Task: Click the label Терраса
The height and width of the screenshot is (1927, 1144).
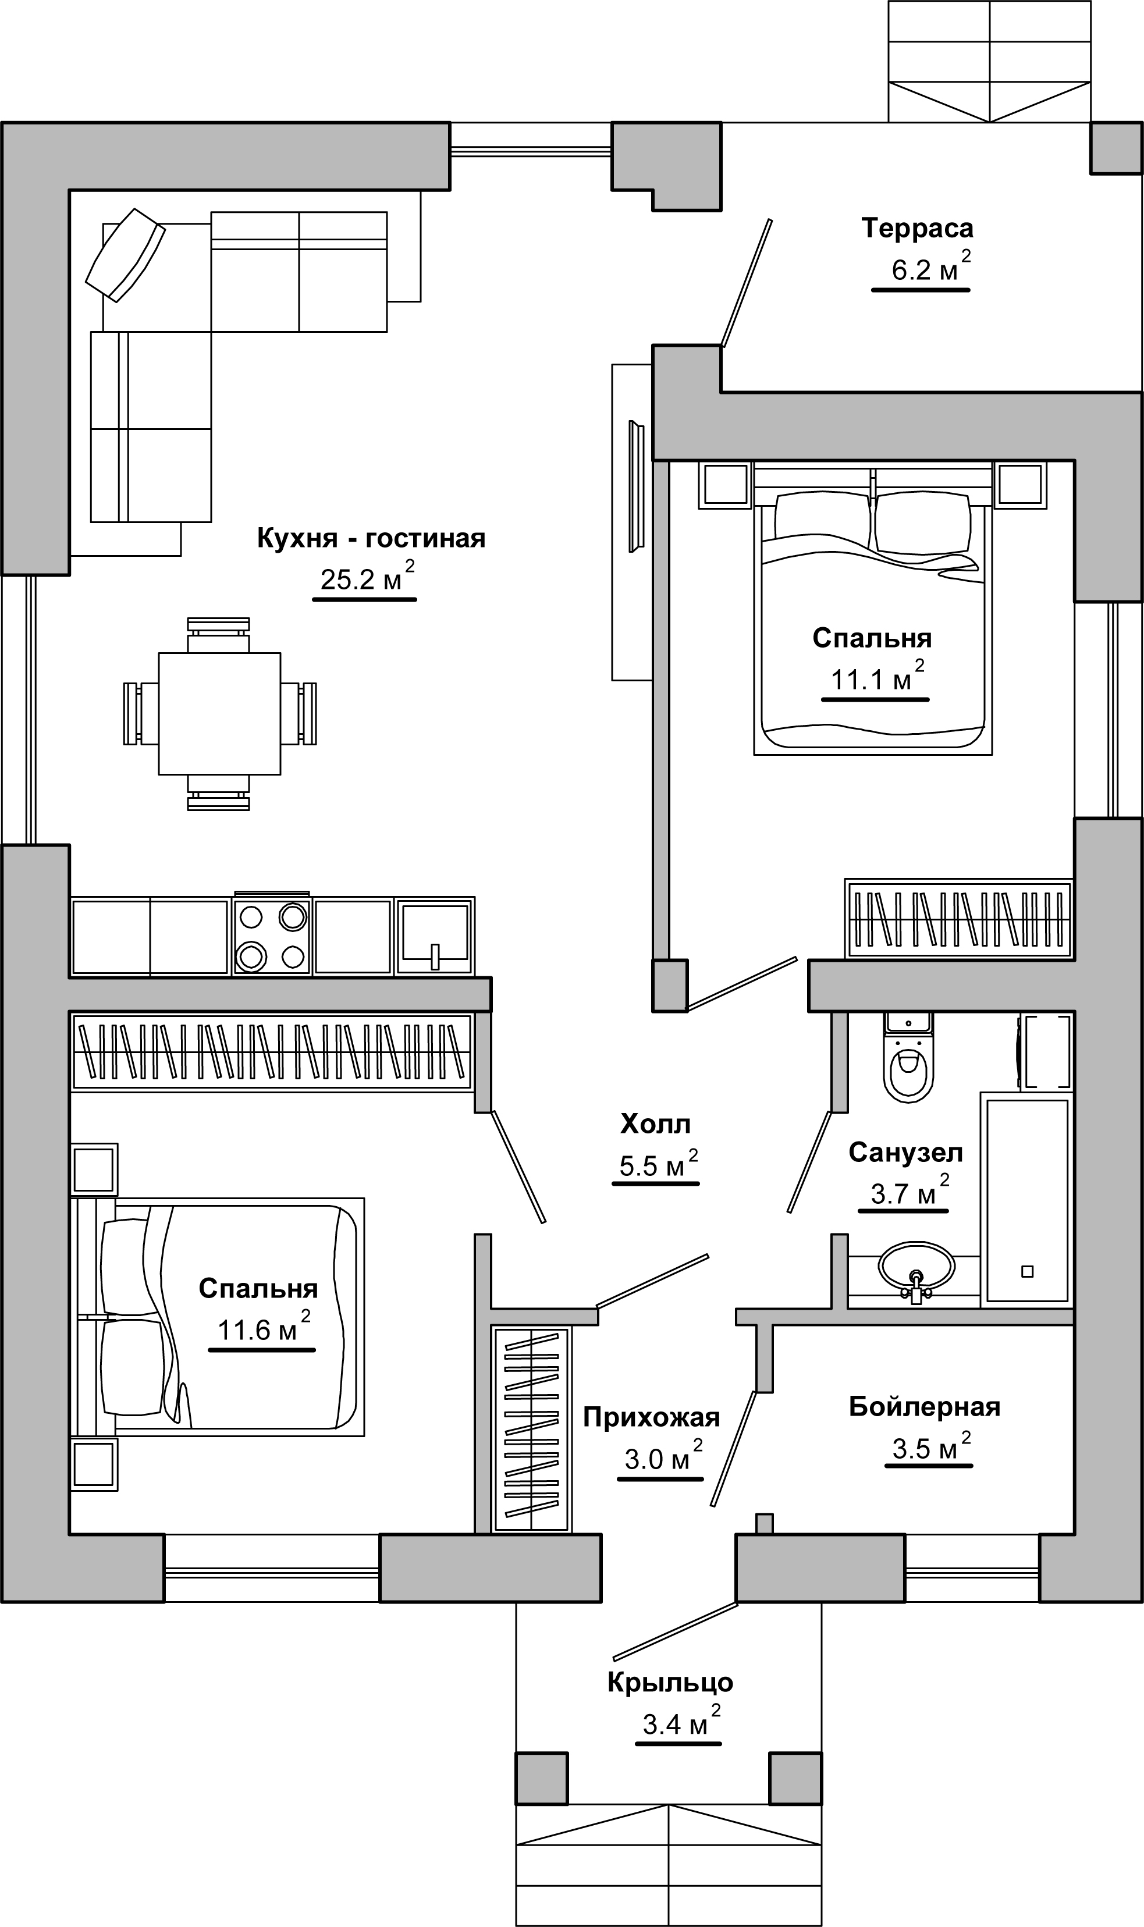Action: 918,228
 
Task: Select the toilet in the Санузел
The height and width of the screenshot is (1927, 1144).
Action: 908,1057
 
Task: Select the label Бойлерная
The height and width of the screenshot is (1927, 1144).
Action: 924,1407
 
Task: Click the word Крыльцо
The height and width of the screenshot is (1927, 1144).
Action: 670,1683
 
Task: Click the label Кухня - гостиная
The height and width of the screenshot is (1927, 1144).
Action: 371,538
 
